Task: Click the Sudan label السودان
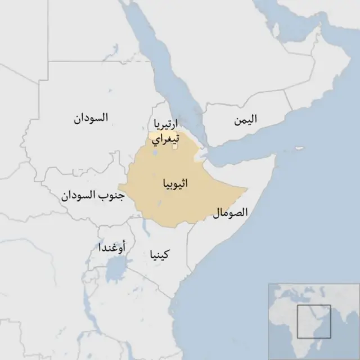click(x=91, y=118)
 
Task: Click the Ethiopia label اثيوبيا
click(x=175, y=184)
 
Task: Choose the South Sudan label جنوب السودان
click(x=92, y=196)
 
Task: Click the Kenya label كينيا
click(x=159, y=254)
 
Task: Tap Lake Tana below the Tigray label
click(x=155, y=152)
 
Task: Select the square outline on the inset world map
click(x=313, y=321)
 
